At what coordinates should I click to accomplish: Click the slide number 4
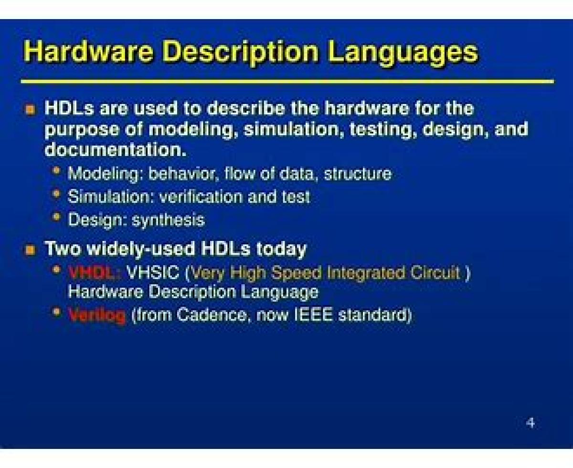coord(530,423)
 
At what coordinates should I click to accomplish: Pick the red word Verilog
coord(97,315)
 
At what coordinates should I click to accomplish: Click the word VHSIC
coord(153,272)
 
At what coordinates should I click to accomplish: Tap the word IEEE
coord(314,315)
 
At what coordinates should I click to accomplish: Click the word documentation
coord(116,150)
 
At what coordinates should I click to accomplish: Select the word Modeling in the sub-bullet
coord(105,174)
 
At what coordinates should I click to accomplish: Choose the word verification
coord(201,197)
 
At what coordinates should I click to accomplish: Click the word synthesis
coord(168,220)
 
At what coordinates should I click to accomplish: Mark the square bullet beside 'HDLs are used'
coord(30,110)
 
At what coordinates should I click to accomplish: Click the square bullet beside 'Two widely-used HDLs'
coord(30,250)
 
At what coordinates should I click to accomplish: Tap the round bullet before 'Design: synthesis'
coord(56,217)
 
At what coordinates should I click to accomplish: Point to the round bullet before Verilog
coord(56,312)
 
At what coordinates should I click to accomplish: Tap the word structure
coord(358,174)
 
